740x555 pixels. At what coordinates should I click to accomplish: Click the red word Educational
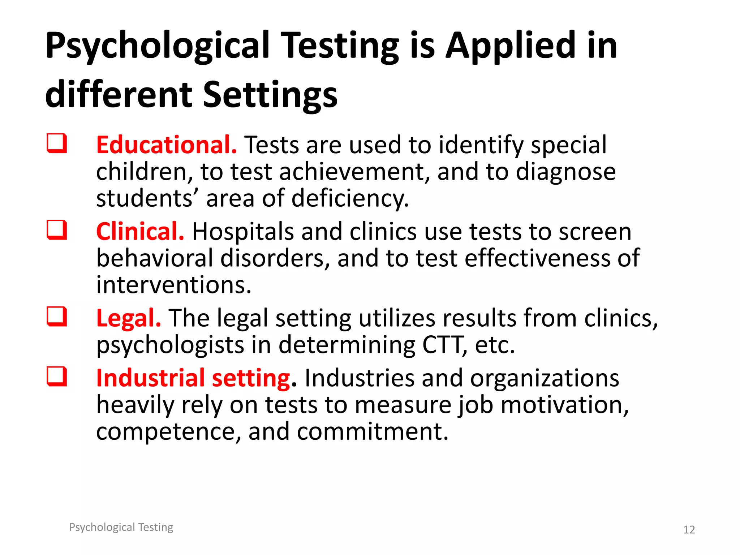(x=167, y=145)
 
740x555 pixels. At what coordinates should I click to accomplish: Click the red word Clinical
(x=140, y=231)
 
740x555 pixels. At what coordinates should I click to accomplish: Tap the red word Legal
(x=128, y=318)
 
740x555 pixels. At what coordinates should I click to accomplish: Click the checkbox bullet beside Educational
(x=57, y=143)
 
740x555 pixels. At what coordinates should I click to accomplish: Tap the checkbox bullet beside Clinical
(x=57, y=230)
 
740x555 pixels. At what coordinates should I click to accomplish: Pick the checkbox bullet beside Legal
(x=57, y=317)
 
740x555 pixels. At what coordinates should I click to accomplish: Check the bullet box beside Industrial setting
(x=57, y=377)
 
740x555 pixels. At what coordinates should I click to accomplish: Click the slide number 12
(x=689, y=530)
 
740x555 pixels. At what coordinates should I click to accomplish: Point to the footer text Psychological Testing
(x=121, y=527)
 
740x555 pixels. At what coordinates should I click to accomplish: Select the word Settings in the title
(x=270, y=95)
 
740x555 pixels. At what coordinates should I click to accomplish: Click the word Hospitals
(x=243, y=231)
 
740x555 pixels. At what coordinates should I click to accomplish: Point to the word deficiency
(x=350, y=199)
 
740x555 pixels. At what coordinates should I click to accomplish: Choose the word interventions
(x=173, y=285)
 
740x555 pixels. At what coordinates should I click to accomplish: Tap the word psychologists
(x=170, y=345)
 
